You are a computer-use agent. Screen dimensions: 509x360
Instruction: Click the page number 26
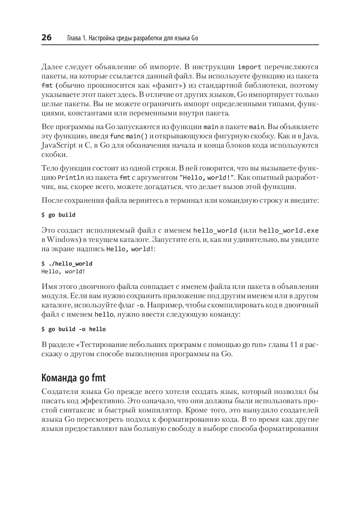[47, 37]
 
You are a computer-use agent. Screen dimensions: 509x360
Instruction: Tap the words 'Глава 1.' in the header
[77, 38]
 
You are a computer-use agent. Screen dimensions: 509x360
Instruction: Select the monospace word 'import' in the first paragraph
[249, 67]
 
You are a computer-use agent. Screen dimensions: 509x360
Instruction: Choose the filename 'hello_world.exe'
[288, 231]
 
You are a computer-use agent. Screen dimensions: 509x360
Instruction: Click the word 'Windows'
[62, 240]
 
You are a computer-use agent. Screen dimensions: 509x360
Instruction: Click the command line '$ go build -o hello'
[74, 329]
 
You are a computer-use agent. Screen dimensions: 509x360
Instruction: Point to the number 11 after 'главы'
[293, 345]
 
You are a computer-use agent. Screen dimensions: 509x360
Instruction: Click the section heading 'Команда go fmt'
[74, 378]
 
